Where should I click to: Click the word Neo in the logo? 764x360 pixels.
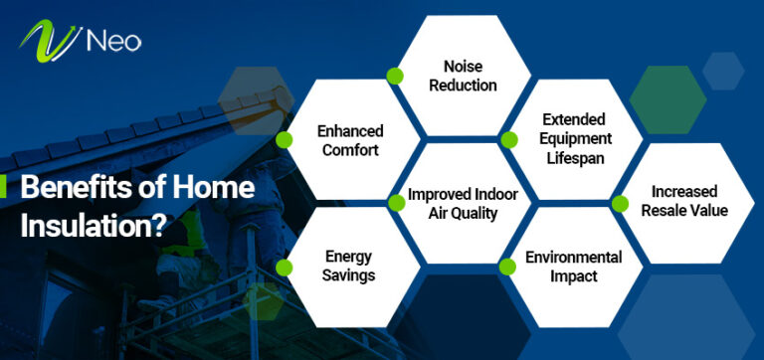(112, 41)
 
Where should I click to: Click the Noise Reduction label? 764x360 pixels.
(456, 76)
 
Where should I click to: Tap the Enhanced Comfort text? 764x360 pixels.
(350, 139)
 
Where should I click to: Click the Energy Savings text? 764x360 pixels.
(348, 266)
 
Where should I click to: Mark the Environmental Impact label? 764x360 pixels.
(574, 267)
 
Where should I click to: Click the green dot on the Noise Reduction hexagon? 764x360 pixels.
(395, 76)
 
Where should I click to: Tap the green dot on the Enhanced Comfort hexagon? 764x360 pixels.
(285, 139)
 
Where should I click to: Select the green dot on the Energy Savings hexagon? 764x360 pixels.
(285, 266)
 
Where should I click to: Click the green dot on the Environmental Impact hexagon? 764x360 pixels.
(508, 266)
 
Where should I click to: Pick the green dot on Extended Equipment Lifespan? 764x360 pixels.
(508, 139)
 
